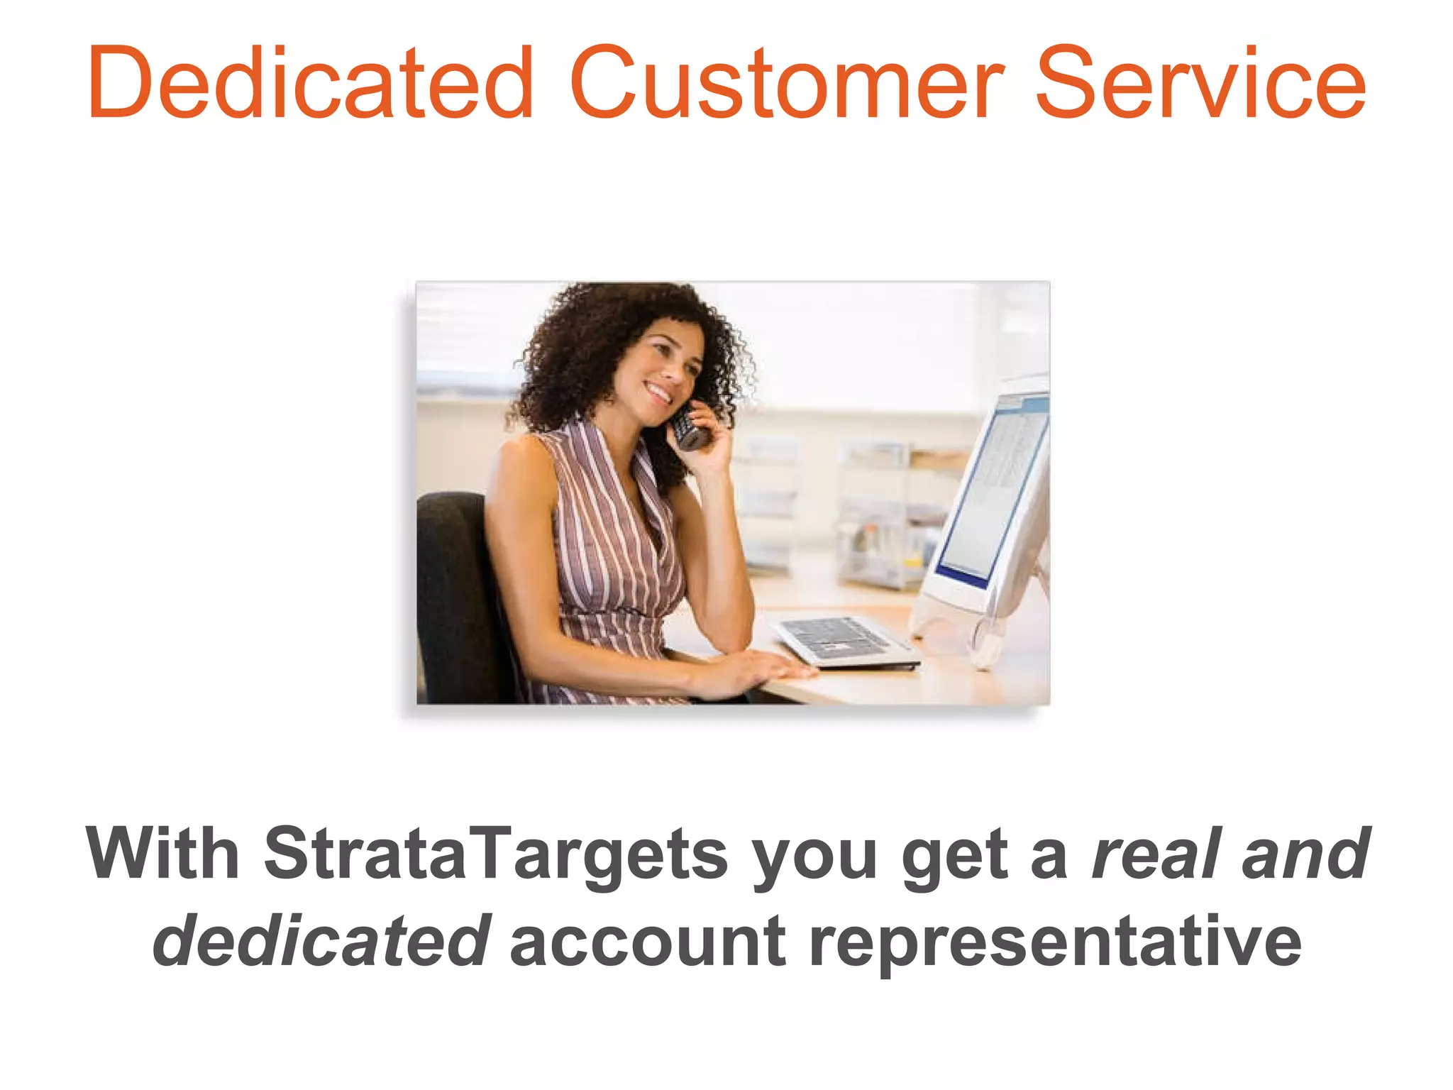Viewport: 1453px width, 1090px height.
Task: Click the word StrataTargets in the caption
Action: (496, 854)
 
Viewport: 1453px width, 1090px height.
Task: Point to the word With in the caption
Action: (162, 854)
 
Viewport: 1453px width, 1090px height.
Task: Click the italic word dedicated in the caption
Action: (321, 941)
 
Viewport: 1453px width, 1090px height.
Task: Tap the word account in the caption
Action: (647, 941)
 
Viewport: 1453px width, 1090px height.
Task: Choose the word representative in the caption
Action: (1055, 941)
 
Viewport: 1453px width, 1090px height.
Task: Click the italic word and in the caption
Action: (1305, 854)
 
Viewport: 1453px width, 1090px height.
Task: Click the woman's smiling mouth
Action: (658, 392)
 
